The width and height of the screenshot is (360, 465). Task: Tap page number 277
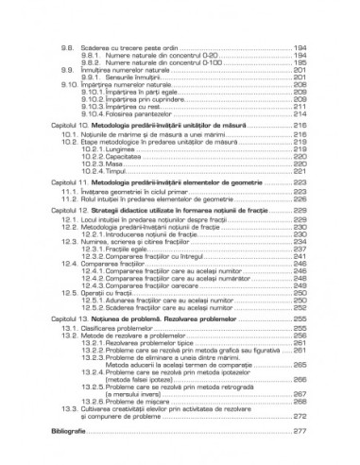coord(301,431)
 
